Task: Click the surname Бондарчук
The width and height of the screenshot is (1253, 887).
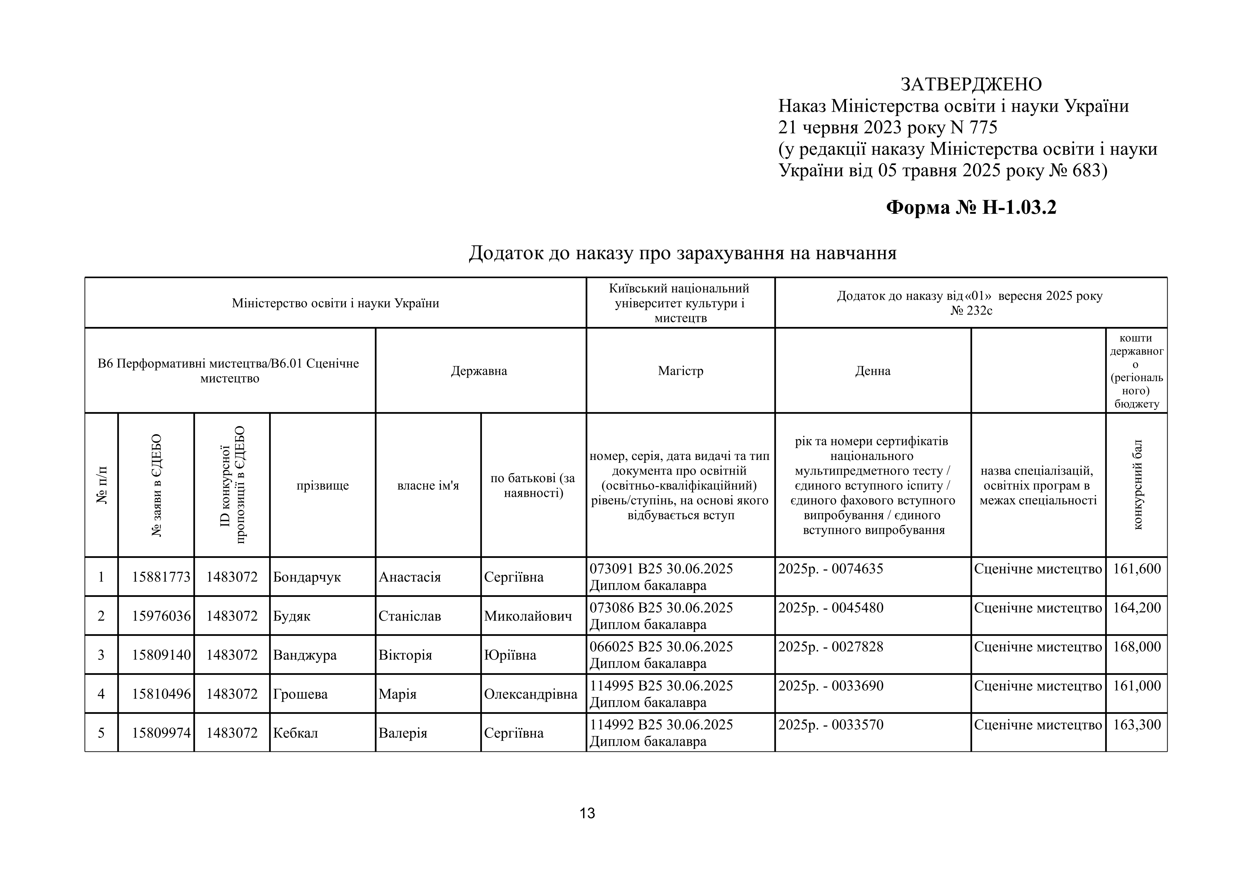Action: click(x=307, y=577)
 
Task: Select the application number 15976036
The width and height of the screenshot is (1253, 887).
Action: click(x=161, y=616)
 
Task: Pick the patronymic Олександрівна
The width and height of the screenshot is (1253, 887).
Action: click(x=531, y=694)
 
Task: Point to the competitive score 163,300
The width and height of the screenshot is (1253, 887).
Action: click(x=1137, y=725)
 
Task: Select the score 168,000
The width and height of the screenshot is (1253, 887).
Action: click(x=1137, y=647)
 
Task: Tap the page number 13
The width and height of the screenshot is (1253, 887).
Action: click(x=587, y=813)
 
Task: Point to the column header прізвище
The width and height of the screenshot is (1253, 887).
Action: click(x=323, y=486)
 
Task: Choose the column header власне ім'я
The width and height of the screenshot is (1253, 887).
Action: click(x=428, y=486)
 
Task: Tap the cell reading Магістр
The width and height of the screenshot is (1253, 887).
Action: click(x=681, y=371)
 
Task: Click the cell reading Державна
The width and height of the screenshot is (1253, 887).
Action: click(x=479, y=371)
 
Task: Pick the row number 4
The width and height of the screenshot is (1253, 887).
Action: click(x=101, y=694)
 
